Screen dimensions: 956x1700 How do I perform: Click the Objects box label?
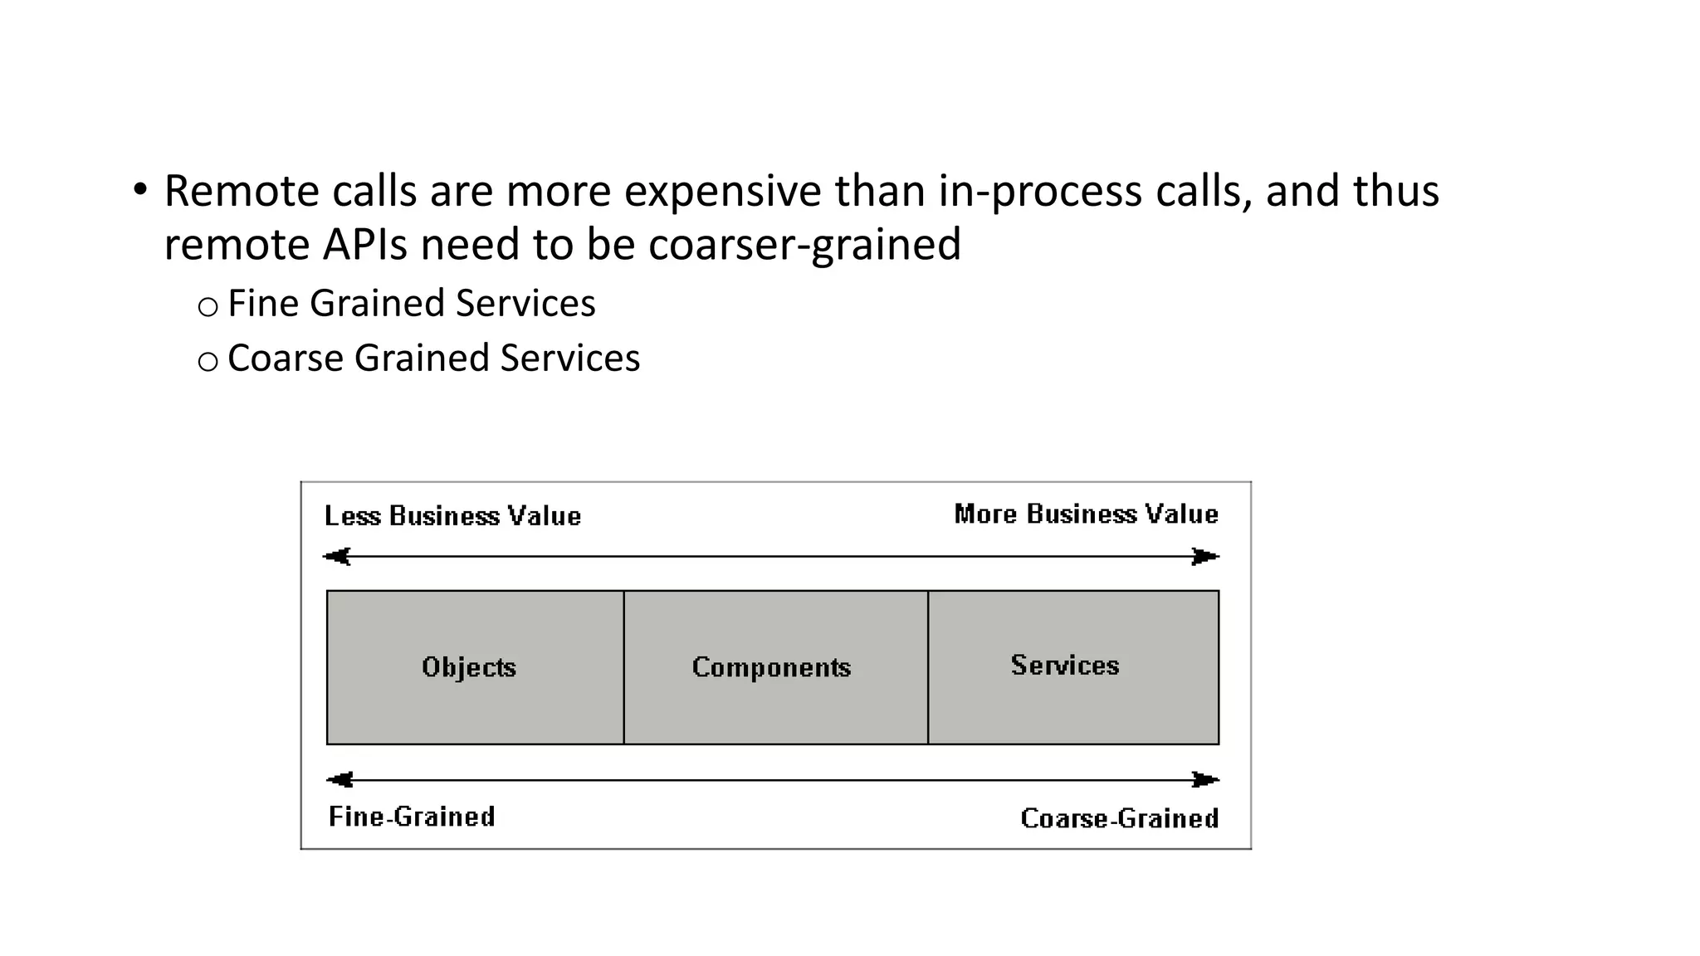point(469,667)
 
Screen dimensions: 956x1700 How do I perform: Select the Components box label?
point(771,667)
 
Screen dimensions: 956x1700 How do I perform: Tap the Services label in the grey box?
point(1065,666)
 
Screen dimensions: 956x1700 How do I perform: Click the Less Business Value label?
point(452,516)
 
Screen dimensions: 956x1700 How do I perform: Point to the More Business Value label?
point(1086,515)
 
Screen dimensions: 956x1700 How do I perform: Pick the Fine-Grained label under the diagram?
point(412,817)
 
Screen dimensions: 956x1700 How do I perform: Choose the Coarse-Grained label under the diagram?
point(1119,818)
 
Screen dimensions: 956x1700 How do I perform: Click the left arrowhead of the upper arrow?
point(337,556)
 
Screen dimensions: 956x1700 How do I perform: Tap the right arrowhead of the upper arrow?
point(1205,556)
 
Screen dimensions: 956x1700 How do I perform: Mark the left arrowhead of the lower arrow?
point(340,779)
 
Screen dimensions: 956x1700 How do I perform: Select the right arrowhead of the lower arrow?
point(1205,779)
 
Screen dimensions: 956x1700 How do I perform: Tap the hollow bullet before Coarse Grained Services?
point(208,361)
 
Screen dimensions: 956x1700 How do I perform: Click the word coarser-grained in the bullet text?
point(804,244)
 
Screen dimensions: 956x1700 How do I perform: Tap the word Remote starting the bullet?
point(242,191)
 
